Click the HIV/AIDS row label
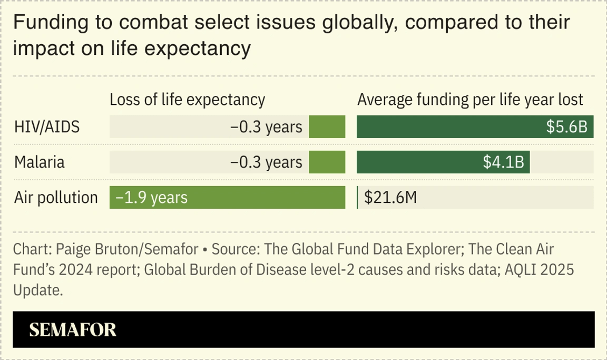point(47,127)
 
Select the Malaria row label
point(39,162)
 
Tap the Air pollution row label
point(56,198)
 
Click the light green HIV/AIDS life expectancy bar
point(327,127)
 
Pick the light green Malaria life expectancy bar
point(327,162)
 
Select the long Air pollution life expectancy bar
point(227,198)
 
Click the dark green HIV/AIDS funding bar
point(475,127)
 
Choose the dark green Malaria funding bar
point(443,162)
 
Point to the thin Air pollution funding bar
point(357,198)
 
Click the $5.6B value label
point(567,127)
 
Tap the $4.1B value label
point(503,162)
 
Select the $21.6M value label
point(390,198)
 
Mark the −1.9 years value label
point(151,198)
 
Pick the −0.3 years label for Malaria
point(266,162)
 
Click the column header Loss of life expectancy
point(188,100)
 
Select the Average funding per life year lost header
point(470,100)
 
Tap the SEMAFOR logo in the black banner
point(72,330)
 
